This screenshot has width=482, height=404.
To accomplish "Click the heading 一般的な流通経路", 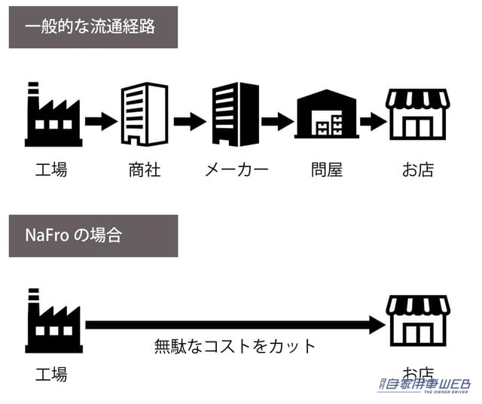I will click(93, 27).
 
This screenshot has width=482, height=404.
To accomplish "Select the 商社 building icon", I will click(145, 114).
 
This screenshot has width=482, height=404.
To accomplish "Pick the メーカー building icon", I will click(235, 114).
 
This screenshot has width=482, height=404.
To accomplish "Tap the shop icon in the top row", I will click(417, 114).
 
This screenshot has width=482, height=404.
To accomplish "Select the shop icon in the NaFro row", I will click(417, 320).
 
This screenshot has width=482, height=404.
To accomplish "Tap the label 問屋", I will click(326, 169).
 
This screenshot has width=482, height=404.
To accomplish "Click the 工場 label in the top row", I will click(51, 169).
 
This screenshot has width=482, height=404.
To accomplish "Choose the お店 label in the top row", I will click(417, 169).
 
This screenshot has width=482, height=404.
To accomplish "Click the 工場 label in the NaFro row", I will click(51, 373).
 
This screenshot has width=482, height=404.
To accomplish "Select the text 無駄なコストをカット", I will click(235, 347).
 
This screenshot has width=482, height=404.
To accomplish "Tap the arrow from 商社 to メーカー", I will click(190, 120).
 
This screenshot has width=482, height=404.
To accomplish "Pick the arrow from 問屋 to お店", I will click(372, 120).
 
